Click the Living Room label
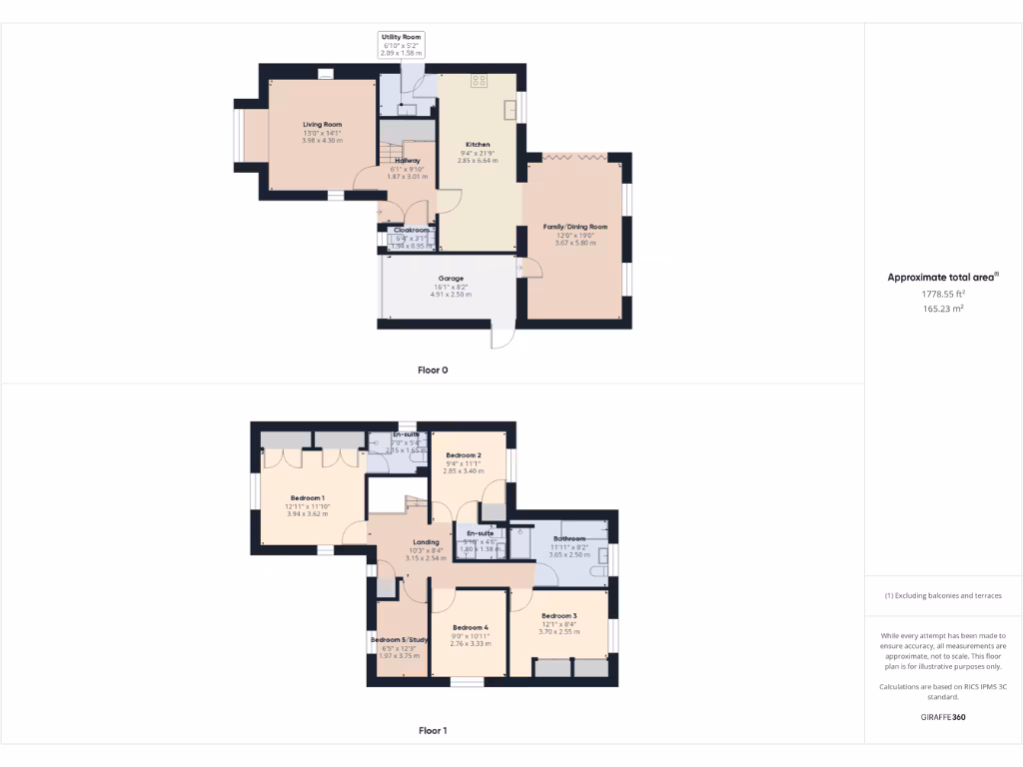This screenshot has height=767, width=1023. pos(323,125)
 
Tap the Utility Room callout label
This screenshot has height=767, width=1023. pos(402,37)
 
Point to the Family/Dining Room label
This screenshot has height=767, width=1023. pos(575,227)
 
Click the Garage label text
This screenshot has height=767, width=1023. pos(450,279)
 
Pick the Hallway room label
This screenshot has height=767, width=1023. pos(407,161)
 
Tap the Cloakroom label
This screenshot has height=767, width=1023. pos(411,230)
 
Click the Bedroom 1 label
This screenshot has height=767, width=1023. pos(307,498)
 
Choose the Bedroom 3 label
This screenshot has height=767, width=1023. pos(559,616)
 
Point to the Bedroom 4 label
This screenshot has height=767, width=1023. pos(470,627)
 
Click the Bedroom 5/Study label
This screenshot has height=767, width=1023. pos(400,640)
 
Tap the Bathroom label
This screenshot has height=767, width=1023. pos(569,539)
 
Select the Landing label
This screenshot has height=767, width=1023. pos(427,542)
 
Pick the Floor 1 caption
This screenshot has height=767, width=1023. pos(433,731)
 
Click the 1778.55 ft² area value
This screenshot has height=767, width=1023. pos(943,295)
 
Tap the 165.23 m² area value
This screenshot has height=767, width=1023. pos(943,310)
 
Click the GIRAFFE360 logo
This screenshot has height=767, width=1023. pos(943,717)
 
